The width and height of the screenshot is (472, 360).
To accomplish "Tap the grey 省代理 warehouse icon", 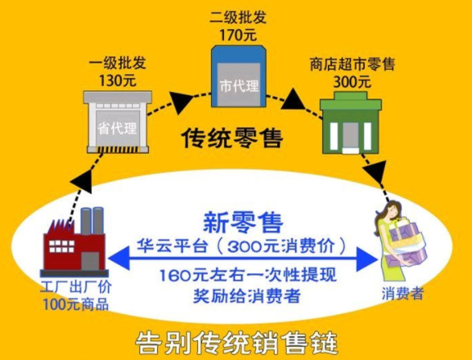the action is [118, 122].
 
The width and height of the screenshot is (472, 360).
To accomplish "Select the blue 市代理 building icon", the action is [238, 77].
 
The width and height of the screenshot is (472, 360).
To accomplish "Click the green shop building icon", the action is [350, 122].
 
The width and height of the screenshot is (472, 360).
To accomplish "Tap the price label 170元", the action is [238, 35].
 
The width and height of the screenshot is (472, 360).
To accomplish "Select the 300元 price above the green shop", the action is [352, 82].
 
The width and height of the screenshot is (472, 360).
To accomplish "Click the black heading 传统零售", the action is [233, 139].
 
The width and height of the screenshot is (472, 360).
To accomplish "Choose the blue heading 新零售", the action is [243, 223].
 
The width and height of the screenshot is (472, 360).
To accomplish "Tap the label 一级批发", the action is [118, 64].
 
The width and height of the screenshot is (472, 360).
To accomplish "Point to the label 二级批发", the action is [238, 18].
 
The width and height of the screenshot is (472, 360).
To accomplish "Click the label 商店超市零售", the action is [352, 64].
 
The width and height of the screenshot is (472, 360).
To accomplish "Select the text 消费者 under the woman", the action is [403, 292].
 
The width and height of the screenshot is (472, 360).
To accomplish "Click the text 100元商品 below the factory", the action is [76, 304].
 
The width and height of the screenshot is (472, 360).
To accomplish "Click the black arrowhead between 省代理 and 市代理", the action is [181, 101].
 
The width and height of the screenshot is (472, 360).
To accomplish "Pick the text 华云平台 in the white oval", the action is [172, 246].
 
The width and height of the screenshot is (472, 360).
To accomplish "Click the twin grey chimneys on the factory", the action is [92, 221].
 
